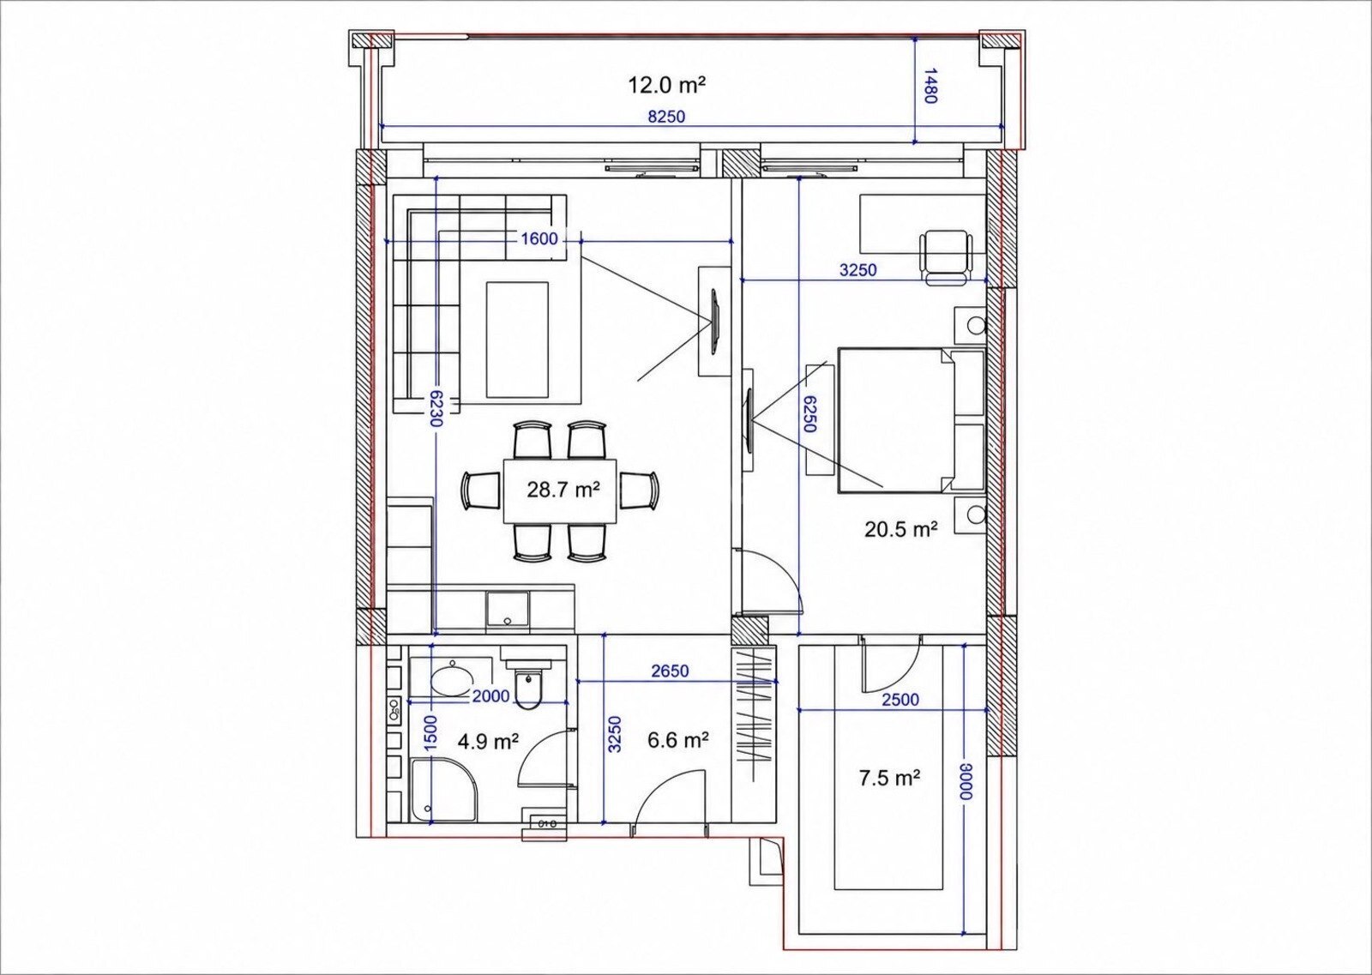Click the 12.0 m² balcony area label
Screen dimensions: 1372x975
tap(666, 85)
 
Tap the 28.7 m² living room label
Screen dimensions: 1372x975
tap(563, 490)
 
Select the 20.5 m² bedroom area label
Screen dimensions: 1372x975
tap(901, 529)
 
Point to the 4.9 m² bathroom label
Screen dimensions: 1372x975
tap(488, 742)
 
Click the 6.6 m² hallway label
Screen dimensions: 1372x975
tap(678, 740)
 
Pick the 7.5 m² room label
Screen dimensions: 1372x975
tap(889, 779)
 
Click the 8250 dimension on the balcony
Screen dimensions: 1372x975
tap(666, 117)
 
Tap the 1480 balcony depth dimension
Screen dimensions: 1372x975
tap(930, 86)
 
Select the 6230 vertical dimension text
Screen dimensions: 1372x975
tap(436, 409)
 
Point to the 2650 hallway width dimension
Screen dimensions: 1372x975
tap(670, 671)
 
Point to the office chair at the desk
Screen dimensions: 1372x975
tap(946, 256)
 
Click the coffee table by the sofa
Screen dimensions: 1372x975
tap(518, 340)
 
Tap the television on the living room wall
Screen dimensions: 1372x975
tap(714, 321)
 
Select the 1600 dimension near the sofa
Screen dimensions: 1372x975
tap(539, 239)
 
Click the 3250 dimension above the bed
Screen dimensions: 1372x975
tap(857, 270)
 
